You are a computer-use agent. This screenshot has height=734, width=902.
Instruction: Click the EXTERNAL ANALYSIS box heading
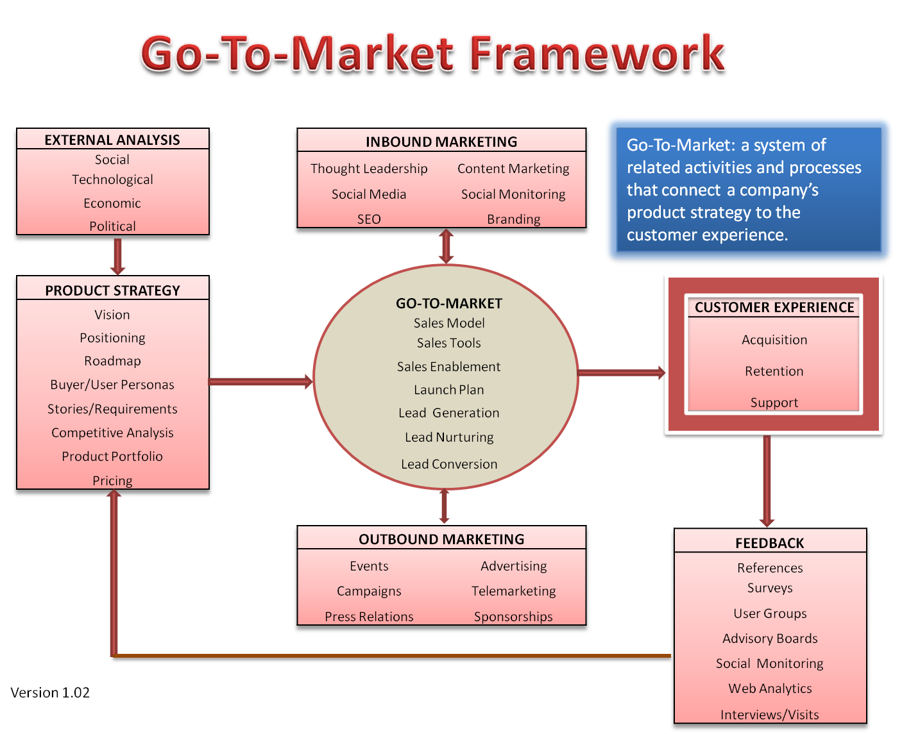coord(112,140)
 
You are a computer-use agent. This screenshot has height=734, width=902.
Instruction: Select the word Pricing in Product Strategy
coord(112,481)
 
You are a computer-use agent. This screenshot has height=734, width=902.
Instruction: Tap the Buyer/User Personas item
coord(112,385)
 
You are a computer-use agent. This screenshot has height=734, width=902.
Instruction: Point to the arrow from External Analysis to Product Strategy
coord(117,257)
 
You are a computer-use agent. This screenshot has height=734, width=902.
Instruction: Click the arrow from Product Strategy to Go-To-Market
coord(260,382)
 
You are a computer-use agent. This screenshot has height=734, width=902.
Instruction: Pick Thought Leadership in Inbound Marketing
coord(369,169)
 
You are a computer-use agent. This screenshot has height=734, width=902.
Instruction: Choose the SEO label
coord(369,219)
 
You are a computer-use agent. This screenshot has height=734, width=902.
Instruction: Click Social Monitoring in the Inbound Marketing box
coord(513,194)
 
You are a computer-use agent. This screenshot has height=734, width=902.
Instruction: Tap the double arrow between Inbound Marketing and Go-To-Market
coord(446,246)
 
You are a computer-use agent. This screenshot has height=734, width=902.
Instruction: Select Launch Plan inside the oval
coord(449,390)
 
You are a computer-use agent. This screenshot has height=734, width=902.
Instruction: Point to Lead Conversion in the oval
coord(449,464)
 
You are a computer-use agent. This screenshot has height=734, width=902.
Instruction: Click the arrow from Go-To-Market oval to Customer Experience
coord(621,372)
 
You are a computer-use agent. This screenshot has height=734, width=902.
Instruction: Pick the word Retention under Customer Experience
coord(774,371)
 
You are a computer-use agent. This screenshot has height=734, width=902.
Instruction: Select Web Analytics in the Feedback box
coord(770,688)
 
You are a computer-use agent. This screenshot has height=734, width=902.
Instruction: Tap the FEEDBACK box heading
coord(770,543)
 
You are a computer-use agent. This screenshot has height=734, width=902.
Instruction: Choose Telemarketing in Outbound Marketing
coord(513,591)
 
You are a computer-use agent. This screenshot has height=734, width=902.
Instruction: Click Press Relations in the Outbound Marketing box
coord(369,617)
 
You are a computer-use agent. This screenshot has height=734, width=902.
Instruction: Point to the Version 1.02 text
coord(50,692)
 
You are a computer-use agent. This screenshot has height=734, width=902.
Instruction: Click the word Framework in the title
coord(597,54)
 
